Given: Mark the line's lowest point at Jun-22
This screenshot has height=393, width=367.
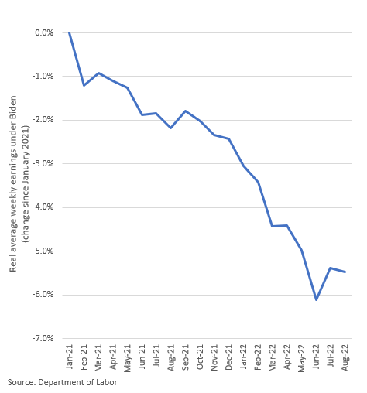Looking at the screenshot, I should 316,299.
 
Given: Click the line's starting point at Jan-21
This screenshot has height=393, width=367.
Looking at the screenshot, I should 70,32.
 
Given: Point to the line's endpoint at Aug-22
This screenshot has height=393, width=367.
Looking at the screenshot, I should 345,272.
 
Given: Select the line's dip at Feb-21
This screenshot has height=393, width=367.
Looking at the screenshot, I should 84,85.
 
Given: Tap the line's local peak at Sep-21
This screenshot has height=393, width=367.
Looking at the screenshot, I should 185,111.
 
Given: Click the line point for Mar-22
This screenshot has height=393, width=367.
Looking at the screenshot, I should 273,226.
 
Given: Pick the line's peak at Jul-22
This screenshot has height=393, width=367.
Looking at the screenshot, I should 331,268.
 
